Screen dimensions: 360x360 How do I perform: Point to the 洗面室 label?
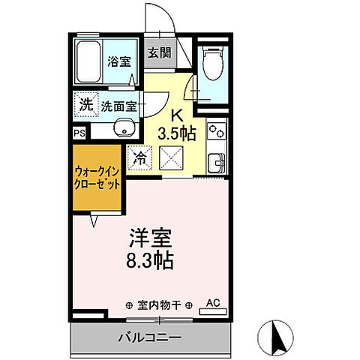pos(119,106)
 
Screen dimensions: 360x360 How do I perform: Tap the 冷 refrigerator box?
pos(139,157)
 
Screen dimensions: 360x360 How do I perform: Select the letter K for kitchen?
pos(178,116)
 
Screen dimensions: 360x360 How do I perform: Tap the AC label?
pos(213,304)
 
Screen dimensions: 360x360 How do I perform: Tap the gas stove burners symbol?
pos(215,133)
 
